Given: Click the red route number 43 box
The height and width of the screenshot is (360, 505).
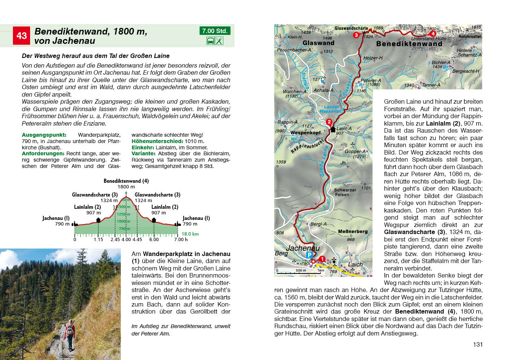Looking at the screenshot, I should pyautogui.click(x=22, y=36).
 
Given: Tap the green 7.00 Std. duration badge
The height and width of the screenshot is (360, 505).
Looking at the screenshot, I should pyautogui.click(x=215, y=31).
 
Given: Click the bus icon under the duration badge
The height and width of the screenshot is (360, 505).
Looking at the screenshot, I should pyautogui.click(x=210, y=41).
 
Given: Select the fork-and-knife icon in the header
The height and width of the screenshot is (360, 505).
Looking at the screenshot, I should pyautogui.click(x=219, y=41).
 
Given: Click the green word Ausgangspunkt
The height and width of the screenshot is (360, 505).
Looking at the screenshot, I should pyautogui.click(x=44, y=135).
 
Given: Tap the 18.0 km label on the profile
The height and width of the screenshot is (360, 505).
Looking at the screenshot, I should pyautogui.click(x=190, y=234).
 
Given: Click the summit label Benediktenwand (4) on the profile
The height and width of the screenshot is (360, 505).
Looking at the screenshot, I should pyautogui.click(x=126, y=181).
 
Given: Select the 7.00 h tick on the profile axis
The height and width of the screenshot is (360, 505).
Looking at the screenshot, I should pyautogui.click(x=181, y=240).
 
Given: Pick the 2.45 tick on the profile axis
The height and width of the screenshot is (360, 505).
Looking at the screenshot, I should pyautogui.click(x=115, y=240).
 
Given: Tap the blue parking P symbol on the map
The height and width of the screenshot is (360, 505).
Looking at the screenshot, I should pyautogui.click(x=309, y=255).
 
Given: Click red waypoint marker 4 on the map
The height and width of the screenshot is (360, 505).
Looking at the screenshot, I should pyautogui.click(x=433, y=33).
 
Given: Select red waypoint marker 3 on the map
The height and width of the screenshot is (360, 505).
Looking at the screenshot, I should pyautogui.click(x=356, y=35).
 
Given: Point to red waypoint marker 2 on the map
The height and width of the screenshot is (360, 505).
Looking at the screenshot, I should pyautogui.click(x=329, y=122).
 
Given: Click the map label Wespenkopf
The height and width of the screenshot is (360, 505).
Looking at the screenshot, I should pyautogui.click(x=305, y=133).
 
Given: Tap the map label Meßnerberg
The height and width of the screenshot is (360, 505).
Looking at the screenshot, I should pyautogui.click(x=353, y=231).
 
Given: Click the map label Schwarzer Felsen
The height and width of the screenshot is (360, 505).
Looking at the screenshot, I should pyautogui.click(x=345, y=192).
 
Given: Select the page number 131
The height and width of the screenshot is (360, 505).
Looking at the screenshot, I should pyautogui.click(x=478, y=344).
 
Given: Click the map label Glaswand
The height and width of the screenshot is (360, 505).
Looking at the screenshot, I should pyautogui.click(x=318, y=43).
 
